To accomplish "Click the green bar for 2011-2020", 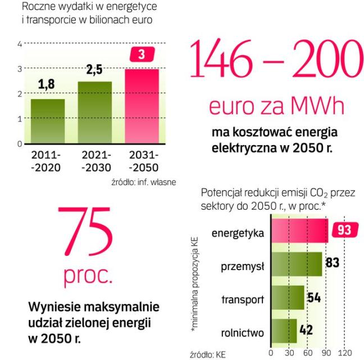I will pyautogui.click(x=48, y=121).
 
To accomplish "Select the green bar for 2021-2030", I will pyautogui.click(x=95, y=113).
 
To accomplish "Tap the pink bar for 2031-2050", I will pyautogui.click(x=142, y=106).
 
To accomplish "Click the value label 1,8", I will pyautogui.click(x=47, y=88).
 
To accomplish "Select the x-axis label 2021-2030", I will pyautogui.click(x=95, y=161).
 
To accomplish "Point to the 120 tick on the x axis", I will pyautogui.click(x=345, y=353).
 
